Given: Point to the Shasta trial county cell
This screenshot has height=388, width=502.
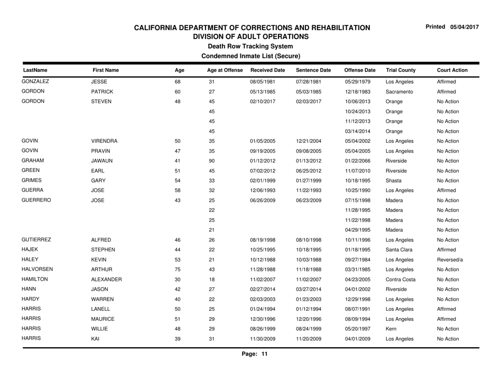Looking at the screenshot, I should pos(395,192).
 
